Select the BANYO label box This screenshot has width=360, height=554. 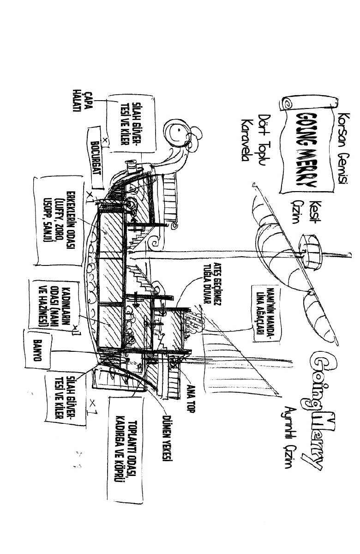39,349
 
